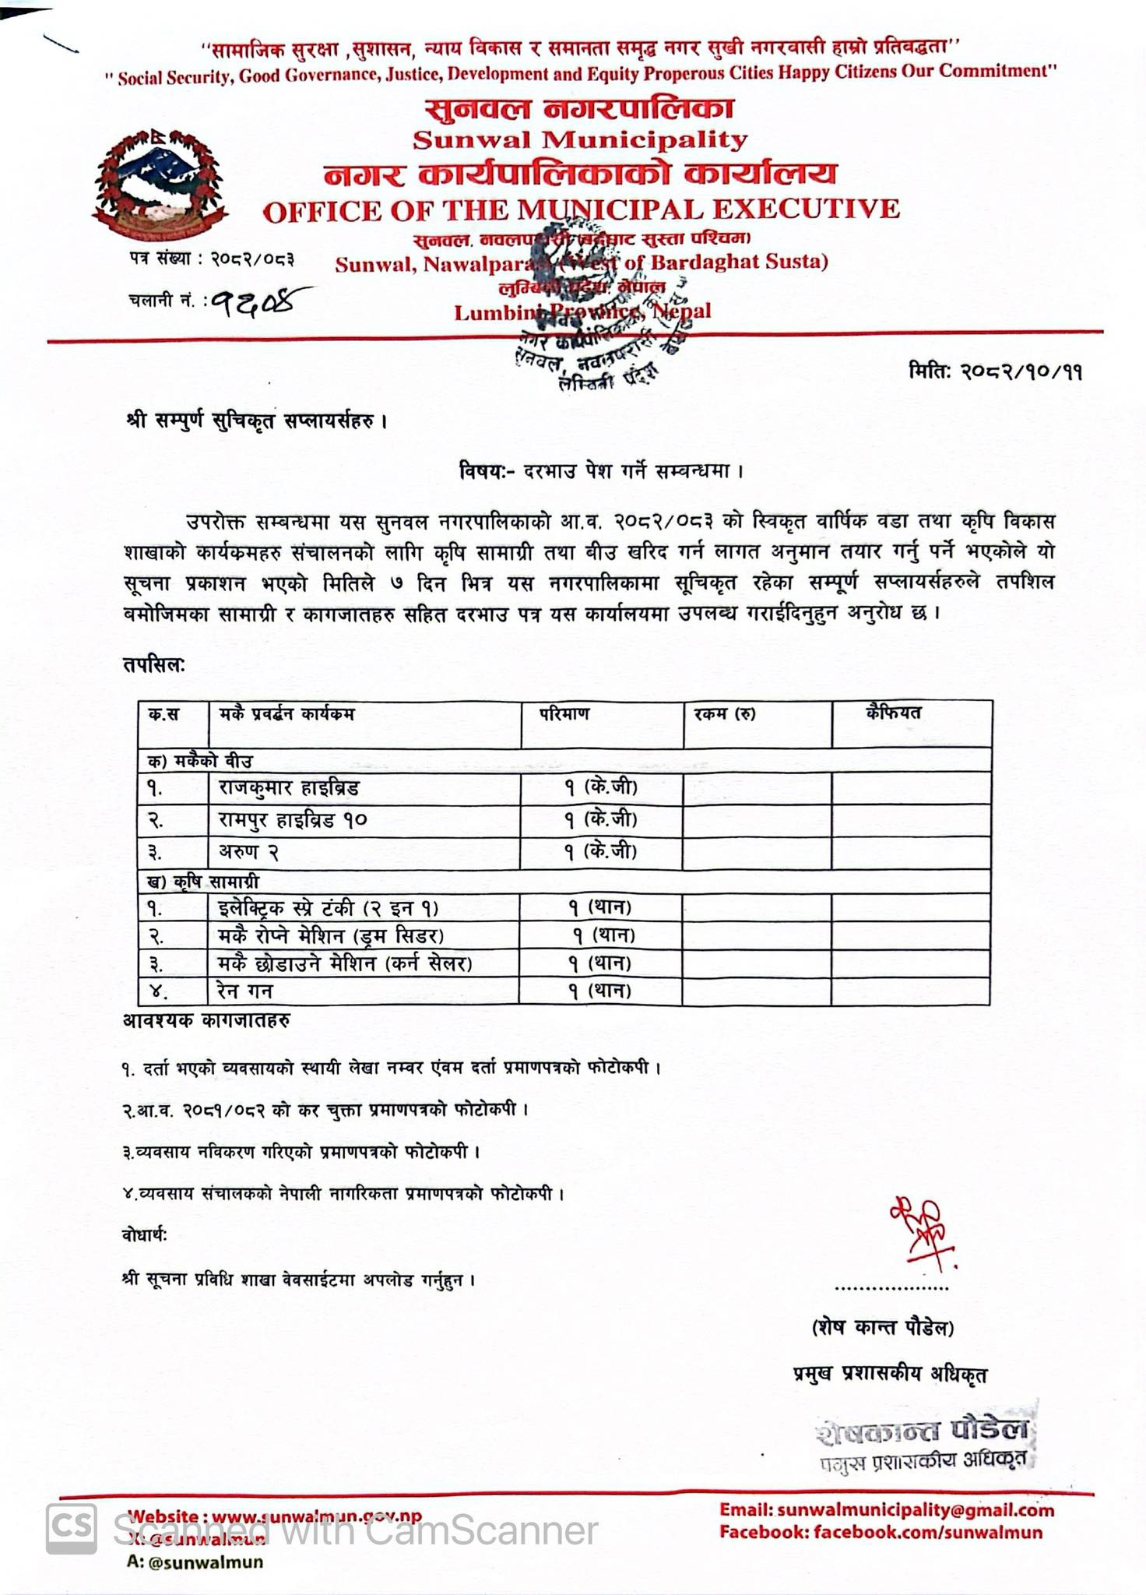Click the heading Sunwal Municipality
pyautogui.click(x=580, y=140)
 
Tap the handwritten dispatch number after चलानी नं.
pyautogui.click(x=261, y=300)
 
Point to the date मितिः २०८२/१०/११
pyautogui.click(x=996, y=371)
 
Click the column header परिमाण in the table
pyautogui.click(x=564, y=713)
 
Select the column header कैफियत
pyautogui.click(x=893, y=712)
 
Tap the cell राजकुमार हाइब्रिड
pyautogui.click(x=289, y=788)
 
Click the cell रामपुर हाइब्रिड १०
pyautogui.click(x=293, y=819)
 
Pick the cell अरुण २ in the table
pyautogui.click(x=248, y=852)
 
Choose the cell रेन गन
pyautogui.click(x=245, y=991)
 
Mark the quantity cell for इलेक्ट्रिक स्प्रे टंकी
pyautogui.click(x=599, y=907)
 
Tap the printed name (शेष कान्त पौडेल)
pyautogui.click(x=882, y=1326)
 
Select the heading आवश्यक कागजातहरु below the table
pyautogui.click(x=206, y=1019)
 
